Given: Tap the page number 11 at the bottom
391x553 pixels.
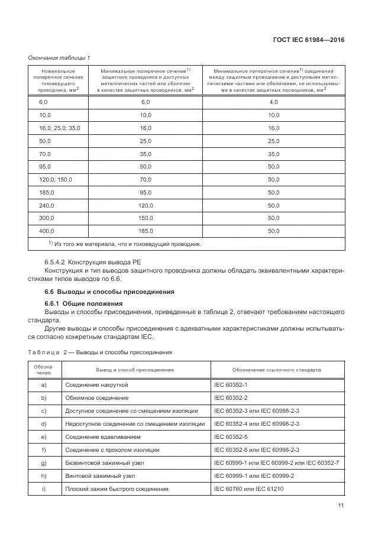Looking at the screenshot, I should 341,505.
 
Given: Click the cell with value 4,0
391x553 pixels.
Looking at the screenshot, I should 273,102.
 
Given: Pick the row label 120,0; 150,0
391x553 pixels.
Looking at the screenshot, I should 55,179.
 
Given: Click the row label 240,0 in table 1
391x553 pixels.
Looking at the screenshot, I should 46,205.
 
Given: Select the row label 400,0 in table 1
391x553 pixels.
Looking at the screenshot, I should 46,231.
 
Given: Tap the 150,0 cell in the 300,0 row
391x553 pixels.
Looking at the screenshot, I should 146,218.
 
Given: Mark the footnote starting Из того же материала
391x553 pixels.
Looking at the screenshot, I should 125,244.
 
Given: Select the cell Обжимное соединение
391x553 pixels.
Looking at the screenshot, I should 96,397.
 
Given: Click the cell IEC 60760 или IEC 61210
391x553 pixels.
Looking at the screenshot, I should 249,489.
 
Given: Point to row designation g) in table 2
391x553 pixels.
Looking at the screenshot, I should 44,463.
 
